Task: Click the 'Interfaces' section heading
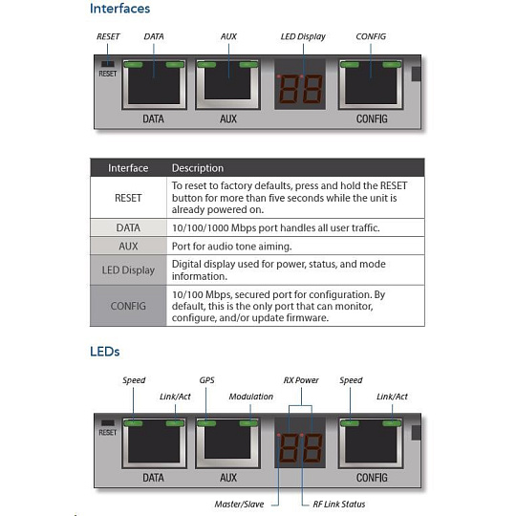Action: tap(119, 9)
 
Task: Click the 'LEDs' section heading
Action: tap(105, 352)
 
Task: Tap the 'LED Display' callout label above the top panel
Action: tap(303, 37)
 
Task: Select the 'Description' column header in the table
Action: tap(198, 168)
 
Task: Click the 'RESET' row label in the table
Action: tap(128, 198)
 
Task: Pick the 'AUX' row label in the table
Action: tap(128, 247)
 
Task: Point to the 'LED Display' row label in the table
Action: tap(128, 270)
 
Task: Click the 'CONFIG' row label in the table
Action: tap(128, 306)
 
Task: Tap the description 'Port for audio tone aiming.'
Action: tap(231, 247)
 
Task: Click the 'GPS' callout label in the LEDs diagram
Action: tap(206, 380)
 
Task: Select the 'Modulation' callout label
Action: tap(251, 397)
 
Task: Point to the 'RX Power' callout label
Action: tap(301, 380)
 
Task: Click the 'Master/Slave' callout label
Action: tap(239, 505)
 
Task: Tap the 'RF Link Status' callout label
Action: tap(339, 505)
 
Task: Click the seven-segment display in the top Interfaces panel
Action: tap(300, 89)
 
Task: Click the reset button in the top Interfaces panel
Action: tap(108, 64)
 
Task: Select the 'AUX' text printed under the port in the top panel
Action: tap(228, 118)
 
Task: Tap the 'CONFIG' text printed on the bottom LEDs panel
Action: tap(372, 478)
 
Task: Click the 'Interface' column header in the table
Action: tap(128, 168)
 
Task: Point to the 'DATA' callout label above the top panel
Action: tap(154, 36)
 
